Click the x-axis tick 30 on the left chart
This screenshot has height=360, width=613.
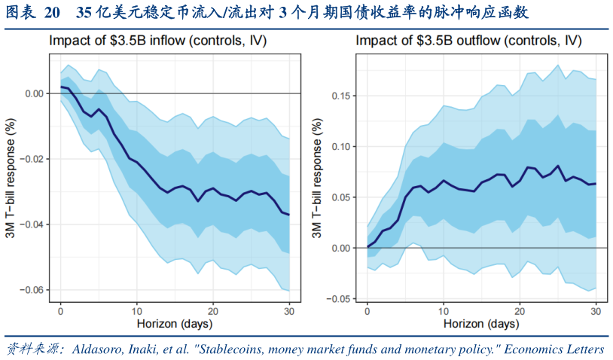click(x=289, y=311)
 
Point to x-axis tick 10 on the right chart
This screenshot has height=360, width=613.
click(x=444, y=311)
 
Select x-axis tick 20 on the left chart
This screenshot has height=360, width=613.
click(x=213, y=311)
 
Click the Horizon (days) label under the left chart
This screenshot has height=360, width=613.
click(x=175, y=324)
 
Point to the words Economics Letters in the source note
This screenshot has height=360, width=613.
click(x=554, y=349)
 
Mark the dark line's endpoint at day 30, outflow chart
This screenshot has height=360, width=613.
click(x=595, y=184)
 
